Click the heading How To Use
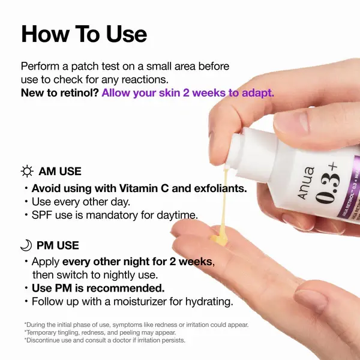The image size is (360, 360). pyautogui.click(x=83, y=34)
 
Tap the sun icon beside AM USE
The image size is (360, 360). pyautogui.click(x=27, y=172)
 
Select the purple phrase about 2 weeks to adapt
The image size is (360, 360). pyautogui.click(x=188, y=93)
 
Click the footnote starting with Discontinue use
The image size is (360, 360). pyautogui.click(x=105, y=340)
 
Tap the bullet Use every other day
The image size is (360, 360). pyautogui.click(x=80, y=202)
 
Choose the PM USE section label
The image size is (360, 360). pyautogui.click(x=58, y=245)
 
